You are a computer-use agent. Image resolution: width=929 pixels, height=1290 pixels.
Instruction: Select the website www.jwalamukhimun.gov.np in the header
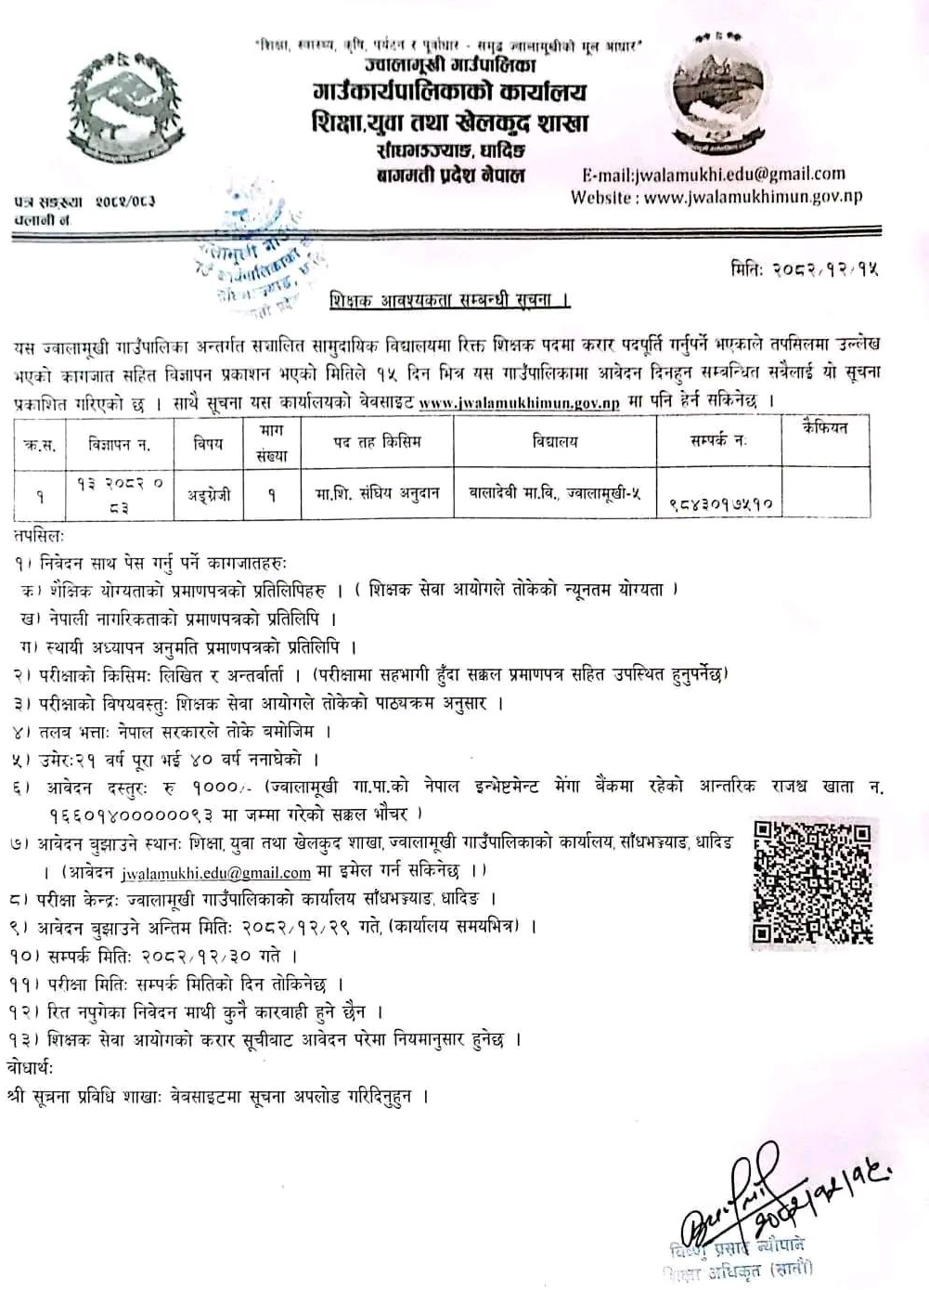click(x=753, y=197)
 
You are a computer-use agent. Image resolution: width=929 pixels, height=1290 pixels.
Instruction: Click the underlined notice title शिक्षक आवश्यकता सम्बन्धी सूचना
click(x=449, y=301)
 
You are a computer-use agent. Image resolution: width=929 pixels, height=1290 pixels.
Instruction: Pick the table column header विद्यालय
click(x=554, y=442)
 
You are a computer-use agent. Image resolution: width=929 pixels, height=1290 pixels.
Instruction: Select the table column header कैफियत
click(x=824, y=428)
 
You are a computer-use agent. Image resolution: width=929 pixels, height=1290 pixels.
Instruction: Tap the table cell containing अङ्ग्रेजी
click(x=209, y=495)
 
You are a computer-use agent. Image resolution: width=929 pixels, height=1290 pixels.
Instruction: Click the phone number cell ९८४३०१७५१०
click(x=720, y=504)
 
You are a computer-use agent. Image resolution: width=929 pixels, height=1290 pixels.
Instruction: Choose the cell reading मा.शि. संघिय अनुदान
click(x=376, y=494)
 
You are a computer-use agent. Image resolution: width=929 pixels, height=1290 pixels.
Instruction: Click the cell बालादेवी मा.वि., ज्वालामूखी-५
click(x=554, y=494)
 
